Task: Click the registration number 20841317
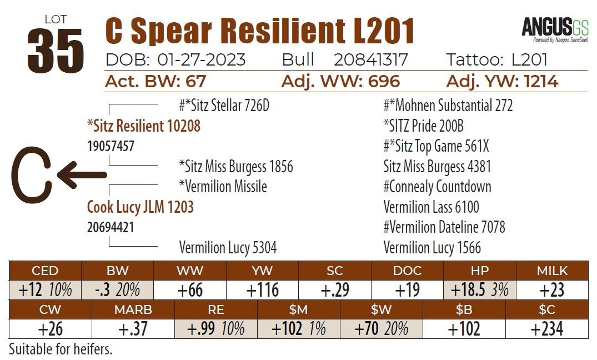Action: (x=370, y=60)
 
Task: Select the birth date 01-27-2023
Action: (x=202, y=60)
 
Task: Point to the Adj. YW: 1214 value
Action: (x=502, y=82)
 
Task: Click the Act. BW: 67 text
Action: (x=155, y=82)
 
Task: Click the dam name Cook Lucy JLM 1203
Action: (x=140, y=207)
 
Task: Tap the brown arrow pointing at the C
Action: (x=82, y=175)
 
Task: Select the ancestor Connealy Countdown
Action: (x=437, y=187)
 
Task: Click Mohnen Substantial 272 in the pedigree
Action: (x=448, y=106)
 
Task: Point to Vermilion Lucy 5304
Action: (x=228, y=248)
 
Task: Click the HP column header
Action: (x=480, y=271)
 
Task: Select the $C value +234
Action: (x=546, y=328)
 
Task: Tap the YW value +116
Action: (x=263, y=291)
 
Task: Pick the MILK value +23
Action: (x=551, y=291)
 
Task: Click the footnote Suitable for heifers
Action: (x=61, y=350)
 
